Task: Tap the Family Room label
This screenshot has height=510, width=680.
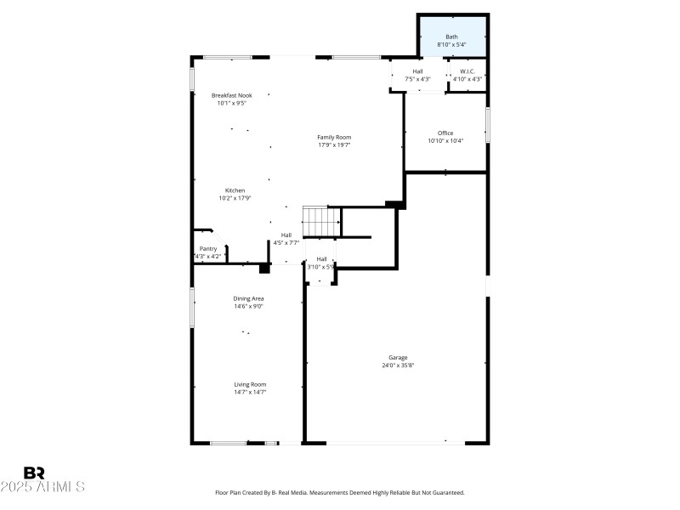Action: click(334, 137)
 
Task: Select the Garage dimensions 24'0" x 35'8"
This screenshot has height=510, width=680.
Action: click(398, 365)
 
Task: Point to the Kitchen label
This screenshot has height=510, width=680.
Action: click(235, 190)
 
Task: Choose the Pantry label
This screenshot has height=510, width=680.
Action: click(208, 249)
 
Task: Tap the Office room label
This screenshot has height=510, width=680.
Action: click(445, 133)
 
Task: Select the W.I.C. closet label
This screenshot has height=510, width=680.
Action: click(467, 71)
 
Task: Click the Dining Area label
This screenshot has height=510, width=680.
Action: click(248, 298)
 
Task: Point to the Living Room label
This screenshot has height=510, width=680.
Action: click(250, 384)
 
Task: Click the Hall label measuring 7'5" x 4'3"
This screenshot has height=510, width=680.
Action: click(417, 71)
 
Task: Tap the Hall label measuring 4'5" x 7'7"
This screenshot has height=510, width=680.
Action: click(286, 235)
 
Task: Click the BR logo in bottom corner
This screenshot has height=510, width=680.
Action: click(34, 473)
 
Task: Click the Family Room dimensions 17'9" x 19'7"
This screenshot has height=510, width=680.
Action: click(334, 145)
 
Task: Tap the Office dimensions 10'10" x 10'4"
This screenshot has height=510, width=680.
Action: click(445, 141)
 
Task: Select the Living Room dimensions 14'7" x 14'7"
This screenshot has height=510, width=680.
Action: click(250, 393)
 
